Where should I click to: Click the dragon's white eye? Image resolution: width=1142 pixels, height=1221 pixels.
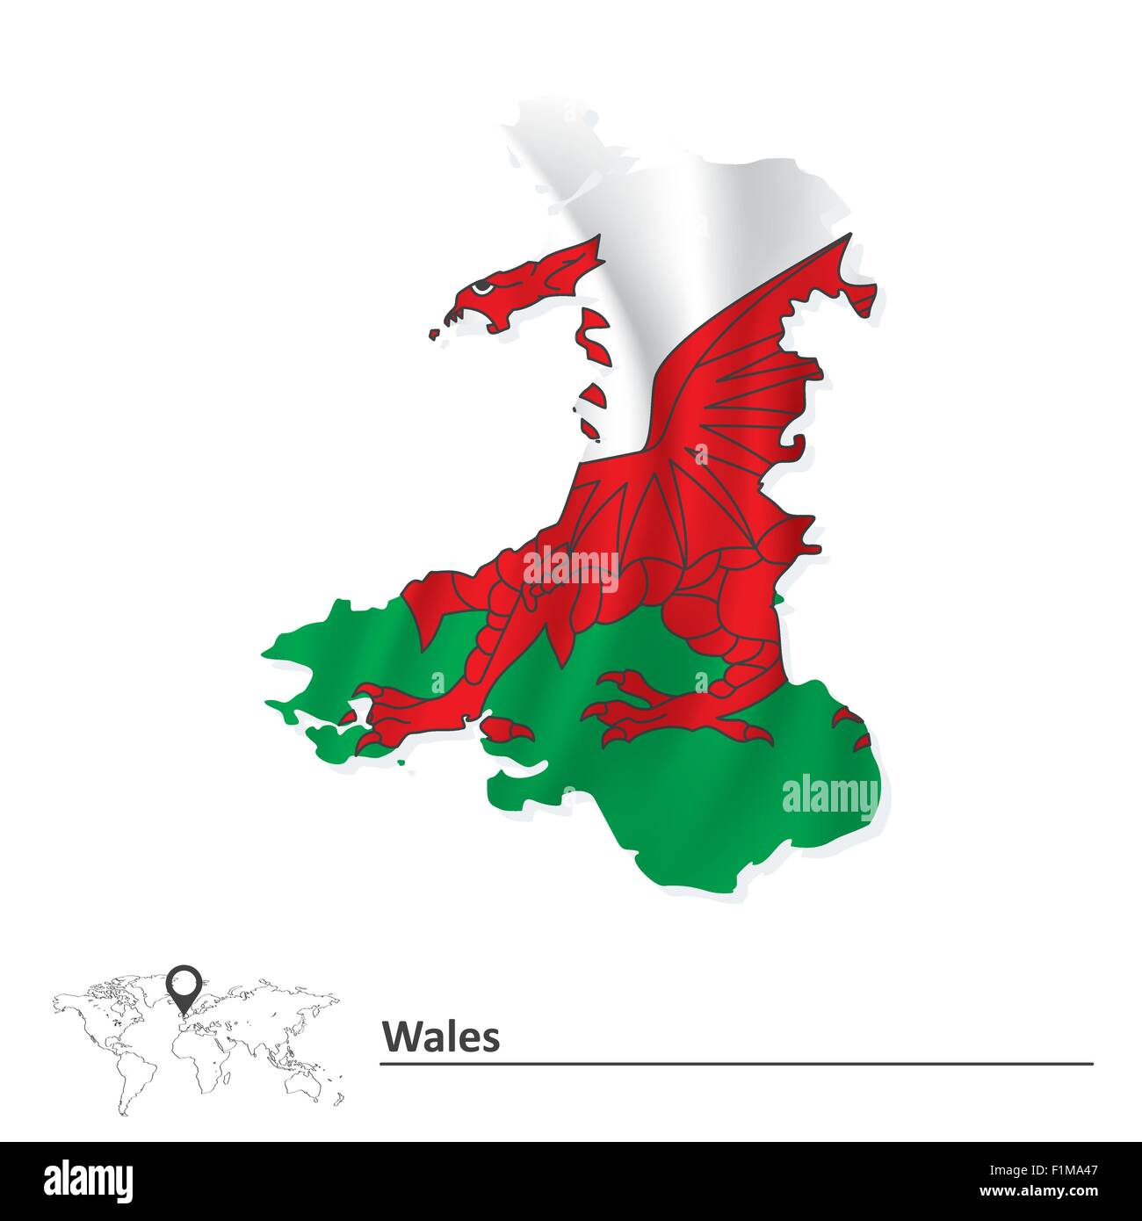coord(480,287)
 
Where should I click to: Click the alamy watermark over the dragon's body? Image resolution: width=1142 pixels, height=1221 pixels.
coord(571,567)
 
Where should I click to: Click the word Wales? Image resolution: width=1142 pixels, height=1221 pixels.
coord(440,1037)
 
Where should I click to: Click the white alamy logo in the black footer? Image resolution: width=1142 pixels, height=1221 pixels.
coord(89,1179)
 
